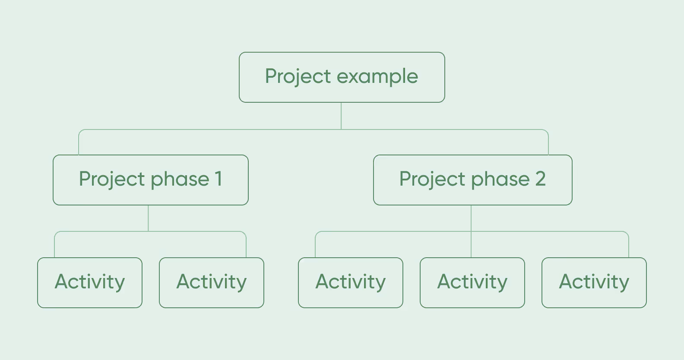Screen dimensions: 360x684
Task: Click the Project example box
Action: coord(342,77)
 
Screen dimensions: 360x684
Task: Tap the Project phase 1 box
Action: coord(150,180)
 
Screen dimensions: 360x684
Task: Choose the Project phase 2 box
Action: coord(472,180)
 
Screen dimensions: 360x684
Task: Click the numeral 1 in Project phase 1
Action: coord(218,179)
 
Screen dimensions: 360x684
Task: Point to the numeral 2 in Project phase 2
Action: coord(540,179)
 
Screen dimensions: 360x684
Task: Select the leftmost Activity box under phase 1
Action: coord(90,282)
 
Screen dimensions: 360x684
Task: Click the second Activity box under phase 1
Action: coord(211,282)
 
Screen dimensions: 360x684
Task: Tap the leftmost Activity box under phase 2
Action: coord(350,282)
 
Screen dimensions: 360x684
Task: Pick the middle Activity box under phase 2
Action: coord(472,282)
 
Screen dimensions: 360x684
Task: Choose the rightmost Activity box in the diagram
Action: coord(594,282)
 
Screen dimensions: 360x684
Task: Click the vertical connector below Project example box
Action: coord(341,116)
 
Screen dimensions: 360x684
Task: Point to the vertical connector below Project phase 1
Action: coord(148,218)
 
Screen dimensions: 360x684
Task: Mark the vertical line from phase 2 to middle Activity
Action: coord(471,244)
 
